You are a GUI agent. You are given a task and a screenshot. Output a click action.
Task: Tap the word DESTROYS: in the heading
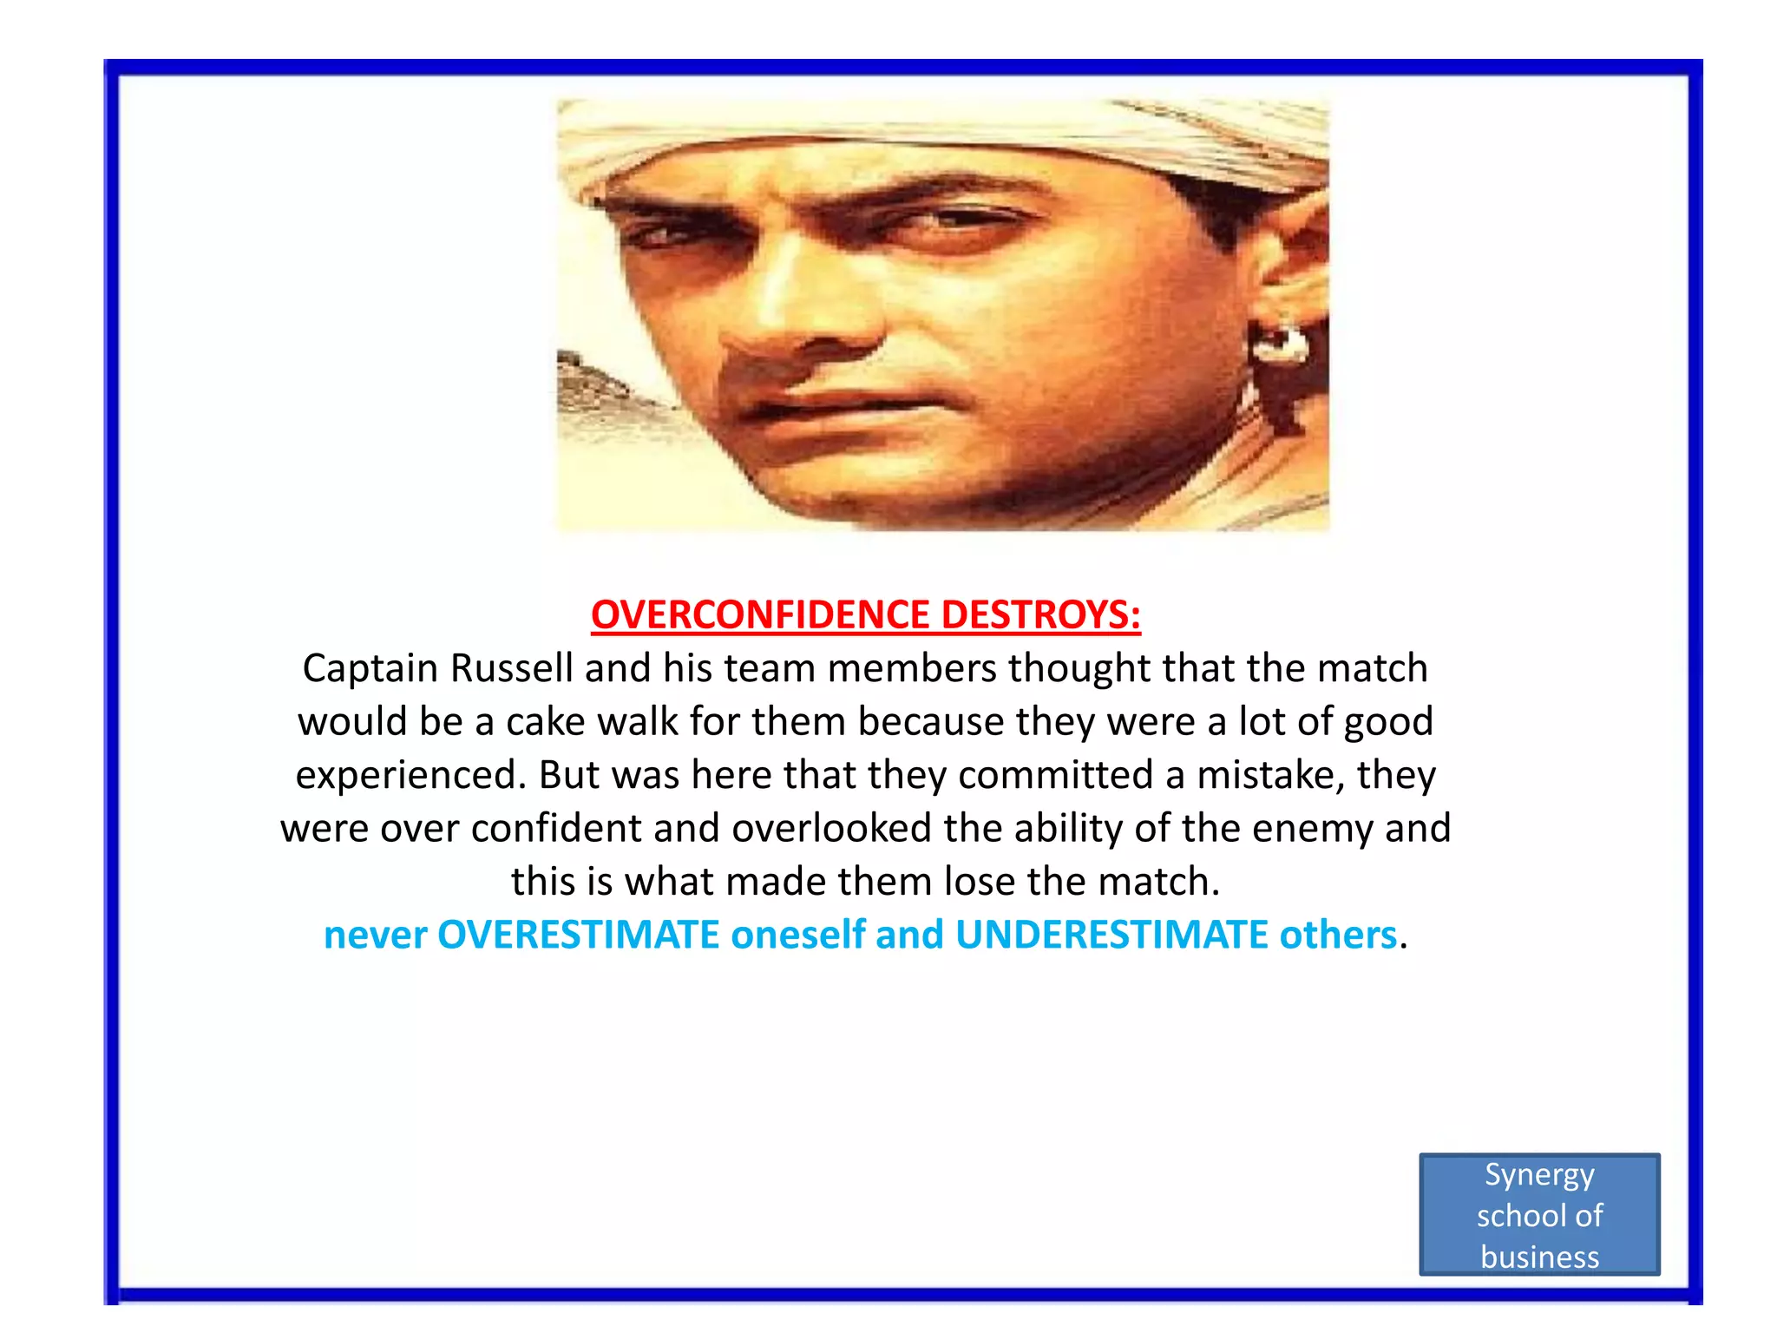(x=1040, y=614)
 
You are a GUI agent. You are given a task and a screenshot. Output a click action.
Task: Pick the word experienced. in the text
(x=410, y=775)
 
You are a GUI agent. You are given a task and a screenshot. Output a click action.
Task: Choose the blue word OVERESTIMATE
(x=578, y=936)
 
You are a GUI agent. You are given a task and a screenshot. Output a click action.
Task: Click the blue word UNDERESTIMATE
(x=1111, y=936)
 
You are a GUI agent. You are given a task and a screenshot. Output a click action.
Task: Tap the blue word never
(x=375, y=936)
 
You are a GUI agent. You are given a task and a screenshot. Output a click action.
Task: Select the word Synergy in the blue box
(x=1539, y=1175)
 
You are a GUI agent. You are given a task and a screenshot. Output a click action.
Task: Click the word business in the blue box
(x=1539, y=1257)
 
